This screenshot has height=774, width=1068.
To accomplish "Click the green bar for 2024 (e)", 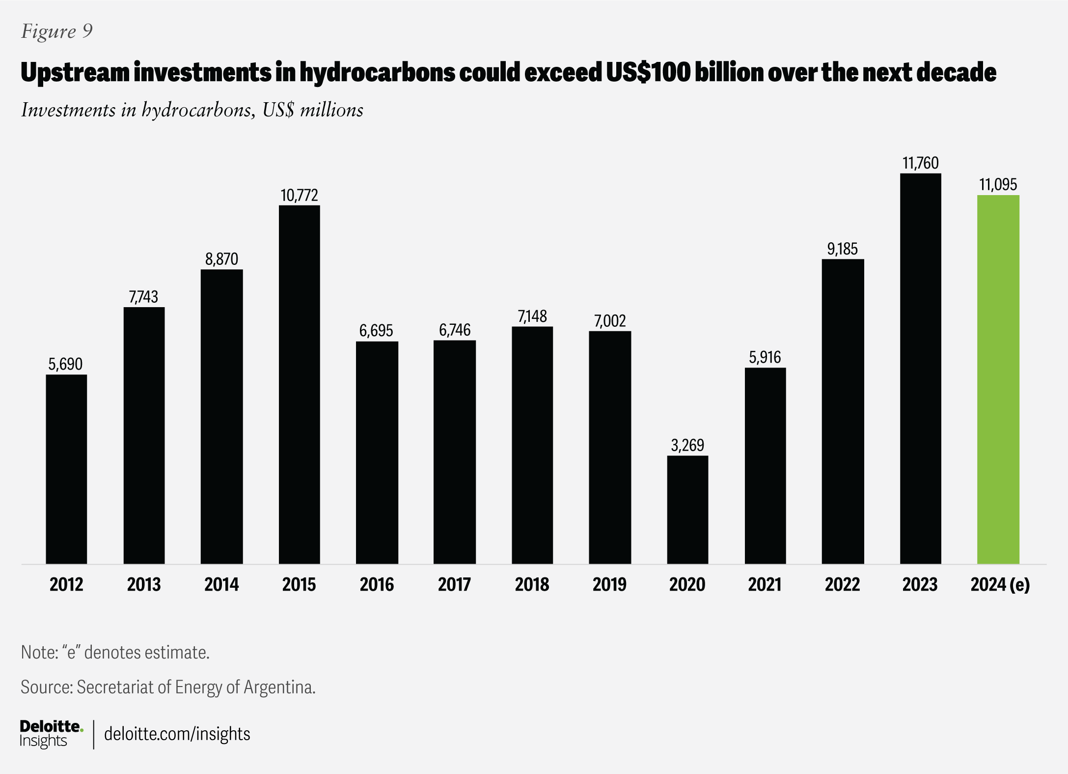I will [x=998, y=379].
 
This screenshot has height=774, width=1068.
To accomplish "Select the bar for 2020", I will [x=687, y=510].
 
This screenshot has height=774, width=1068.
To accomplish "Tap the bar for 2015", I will [x=299, y=384].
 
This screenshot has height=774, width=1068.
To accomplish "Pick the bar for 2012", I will [x=66, y=469].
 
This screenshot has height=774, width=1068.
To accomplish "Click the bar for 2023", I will [x=920, y=369].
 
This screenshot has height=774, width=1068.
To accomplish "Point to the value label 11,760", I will [x=920, y=163].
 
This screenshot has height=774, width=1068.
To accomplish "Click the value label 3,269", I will [x=687, y=445].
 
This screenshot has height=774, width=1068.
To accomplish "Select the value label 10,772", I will [x=299, y=196].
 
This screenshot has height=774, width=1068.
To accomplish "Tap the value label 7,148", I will [x=532, y=316].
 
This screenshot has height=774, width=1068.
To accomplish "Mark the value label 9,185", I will [x=843, y=249].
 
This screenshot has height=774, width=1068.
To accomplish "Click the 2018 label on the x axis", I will [x=532, y=584].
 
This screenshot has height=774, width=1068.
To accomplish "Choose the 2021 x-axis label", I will [x=765, y=584].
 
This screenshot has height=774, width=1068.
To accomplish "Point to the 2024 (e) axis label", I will [x=1000, y=584].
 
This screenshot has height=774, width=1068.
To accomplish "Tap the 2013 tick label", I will [x=144, y=584].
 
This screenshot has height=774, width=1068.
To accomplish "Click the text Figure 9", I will [x=57, y=31].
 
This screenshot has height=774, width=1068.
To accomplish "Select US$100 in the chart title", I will [x=641, y=73].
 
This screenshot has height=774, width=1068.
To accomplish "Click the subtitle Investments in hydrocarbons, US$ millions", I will [x=192, y=110].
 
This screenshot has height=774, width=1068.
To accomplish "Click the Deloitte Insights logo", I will [x=51, y=734].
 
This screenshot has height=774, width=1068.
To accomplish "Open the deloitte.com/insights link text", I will [x=177, y=734].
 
